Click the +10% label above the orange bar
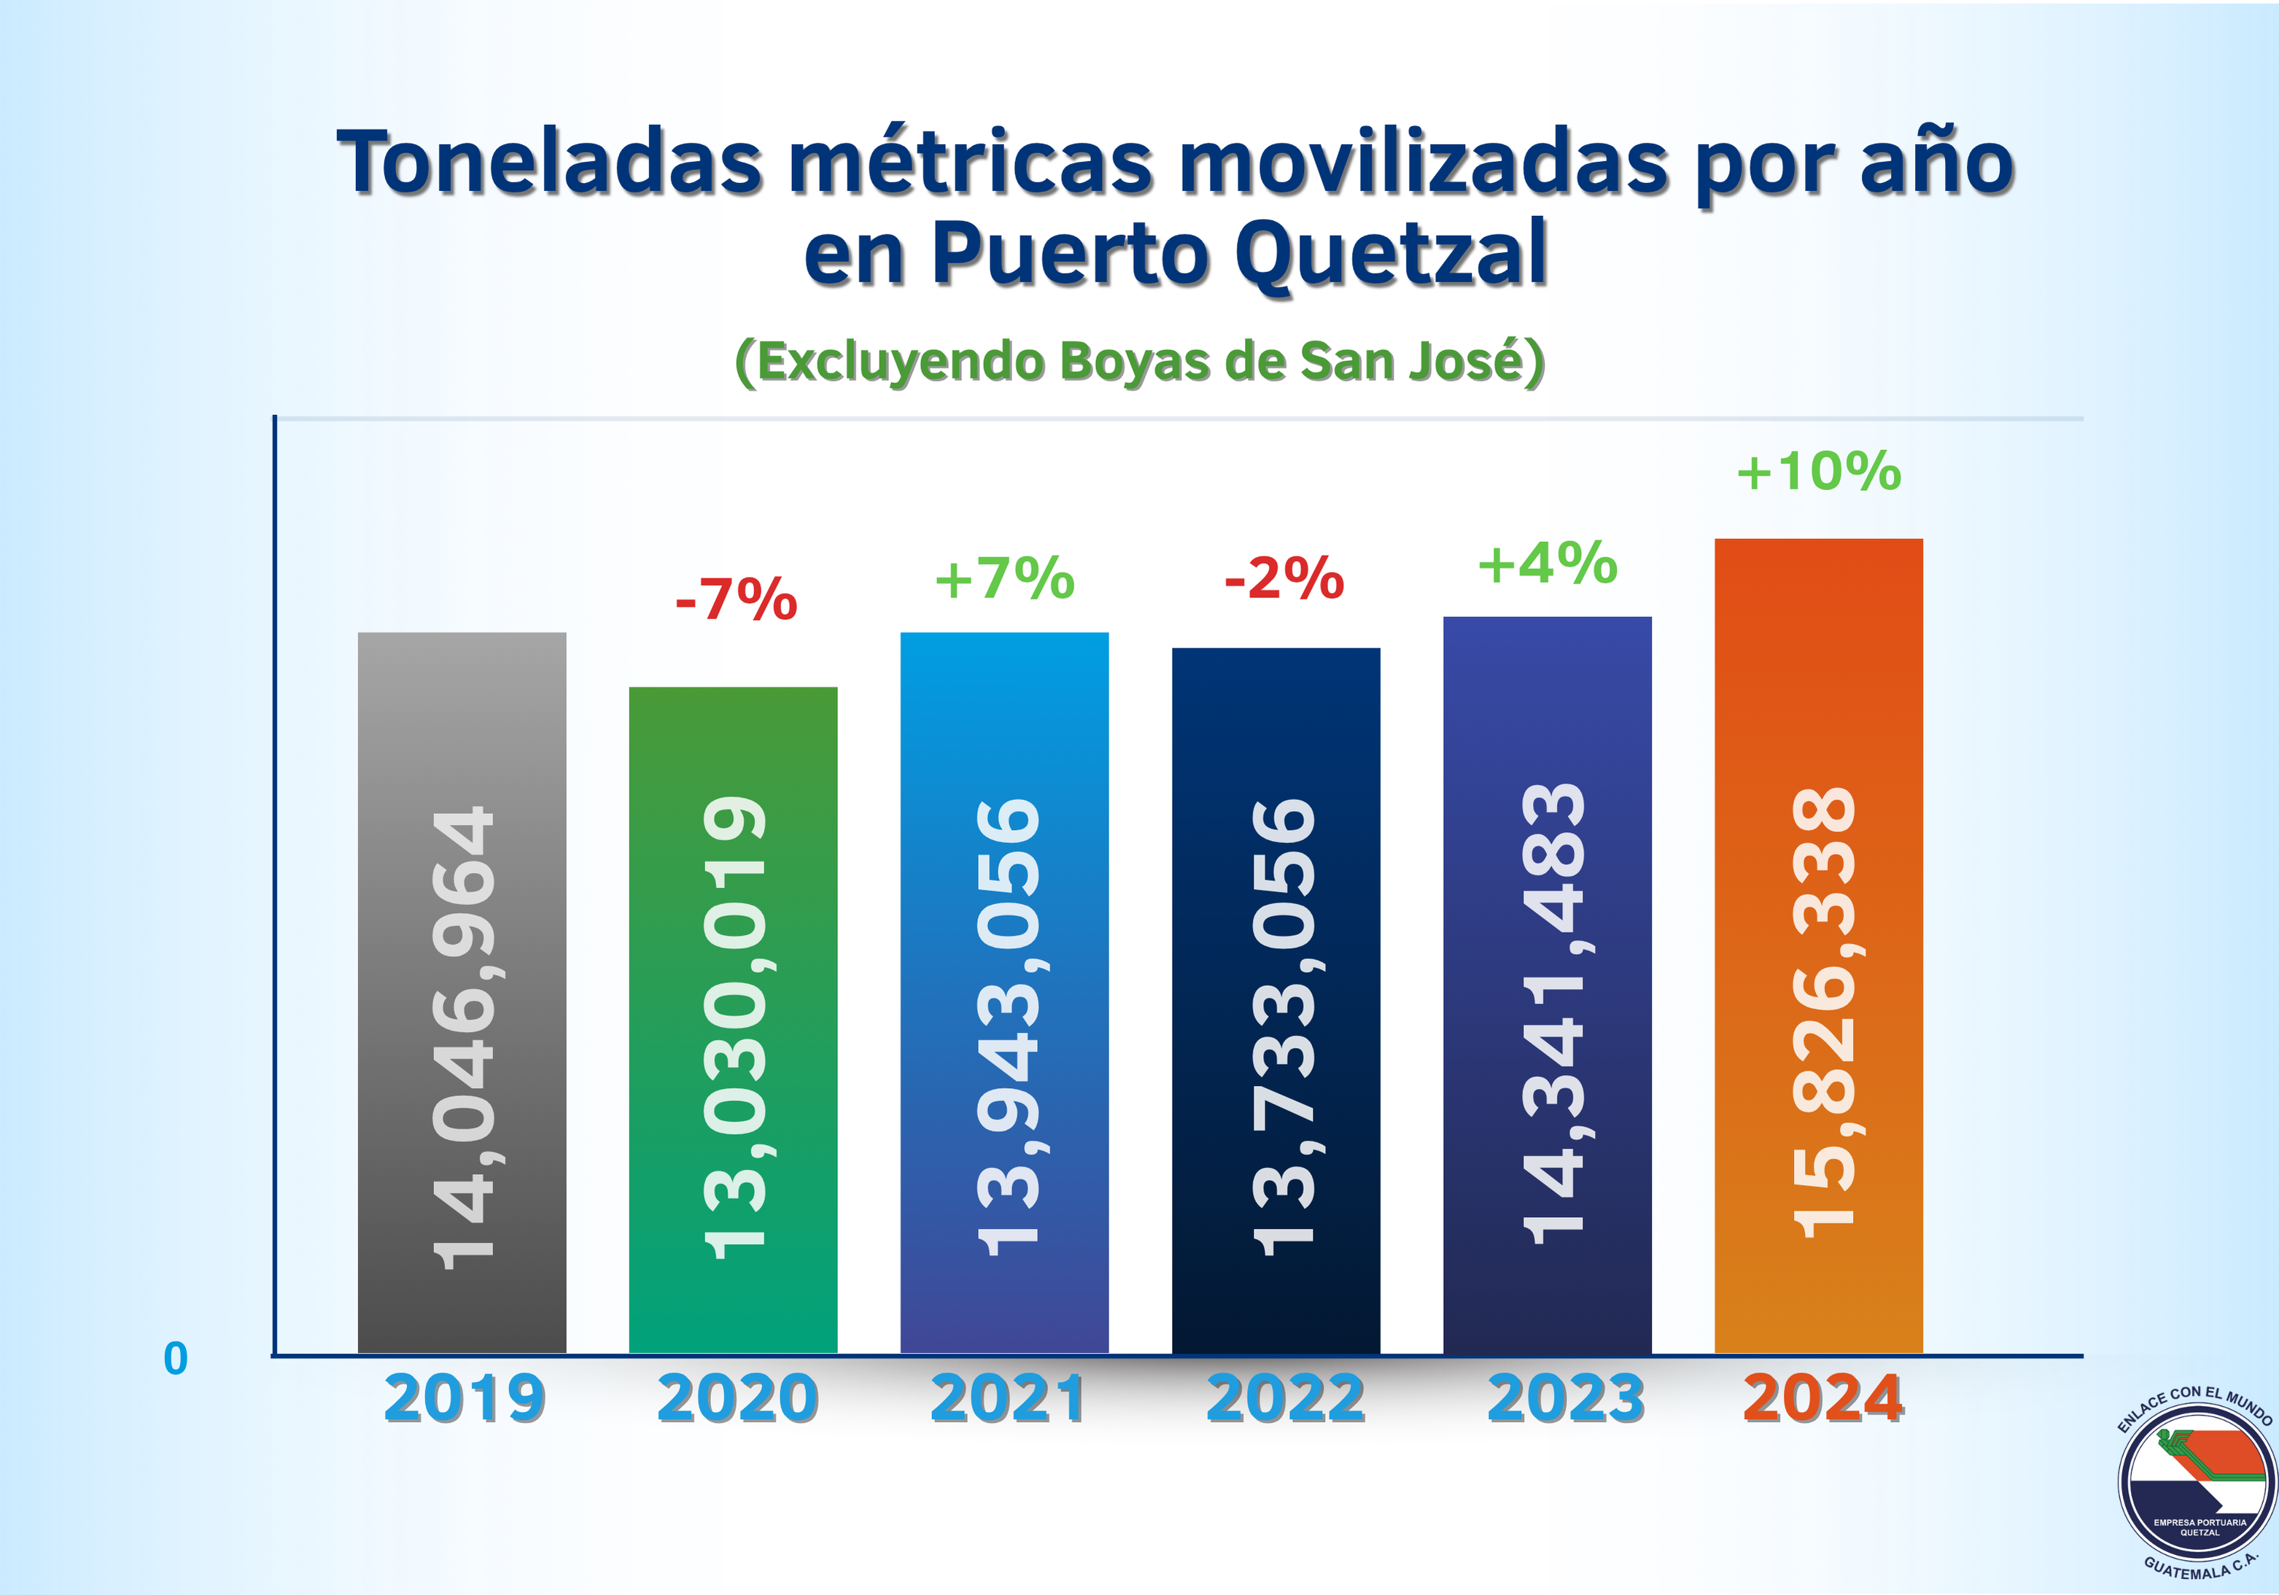click(1818, 471)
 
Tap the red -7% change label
click(736, 599)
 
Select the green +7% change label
click(1004, 578)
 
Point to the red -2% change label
click(1284, 578)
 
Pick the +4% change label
click(1548, 564)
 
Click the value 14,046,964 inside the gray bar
click(464, 1037)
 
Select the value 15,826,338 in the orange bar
click(1825, 1012)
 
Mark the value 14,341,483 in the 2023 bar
click(1553, 1012)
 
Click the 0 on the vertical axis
click(176, 1359)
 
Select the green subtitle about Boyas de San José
click(1139, 361)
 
